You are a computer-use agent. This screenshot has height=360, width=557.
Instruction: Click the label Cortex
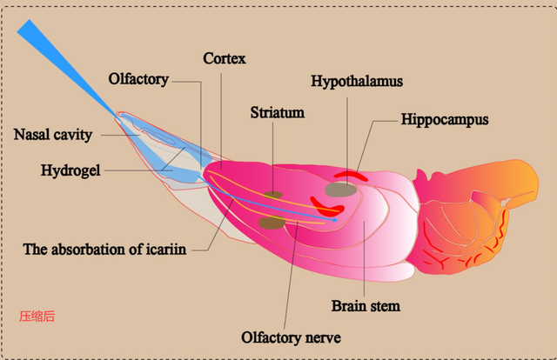coord(225,59)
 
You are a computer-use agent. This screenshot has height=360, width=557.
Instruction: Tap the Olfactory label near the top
coord(138,79)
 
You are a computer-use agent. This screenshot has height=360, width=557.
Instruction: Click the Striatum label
coord(276,112)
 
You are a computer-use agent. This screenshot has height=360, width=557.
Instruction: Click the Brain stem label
coord(366,306)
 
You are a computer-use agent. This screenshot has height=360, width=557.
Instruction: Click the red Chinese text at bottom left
coord(37,316)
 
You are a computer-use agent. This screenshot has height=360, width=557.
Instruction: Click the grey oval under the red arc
coord(340,189)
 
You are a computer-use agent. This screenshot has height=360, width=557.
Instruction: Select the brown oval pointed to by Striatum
coord(274,195)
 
